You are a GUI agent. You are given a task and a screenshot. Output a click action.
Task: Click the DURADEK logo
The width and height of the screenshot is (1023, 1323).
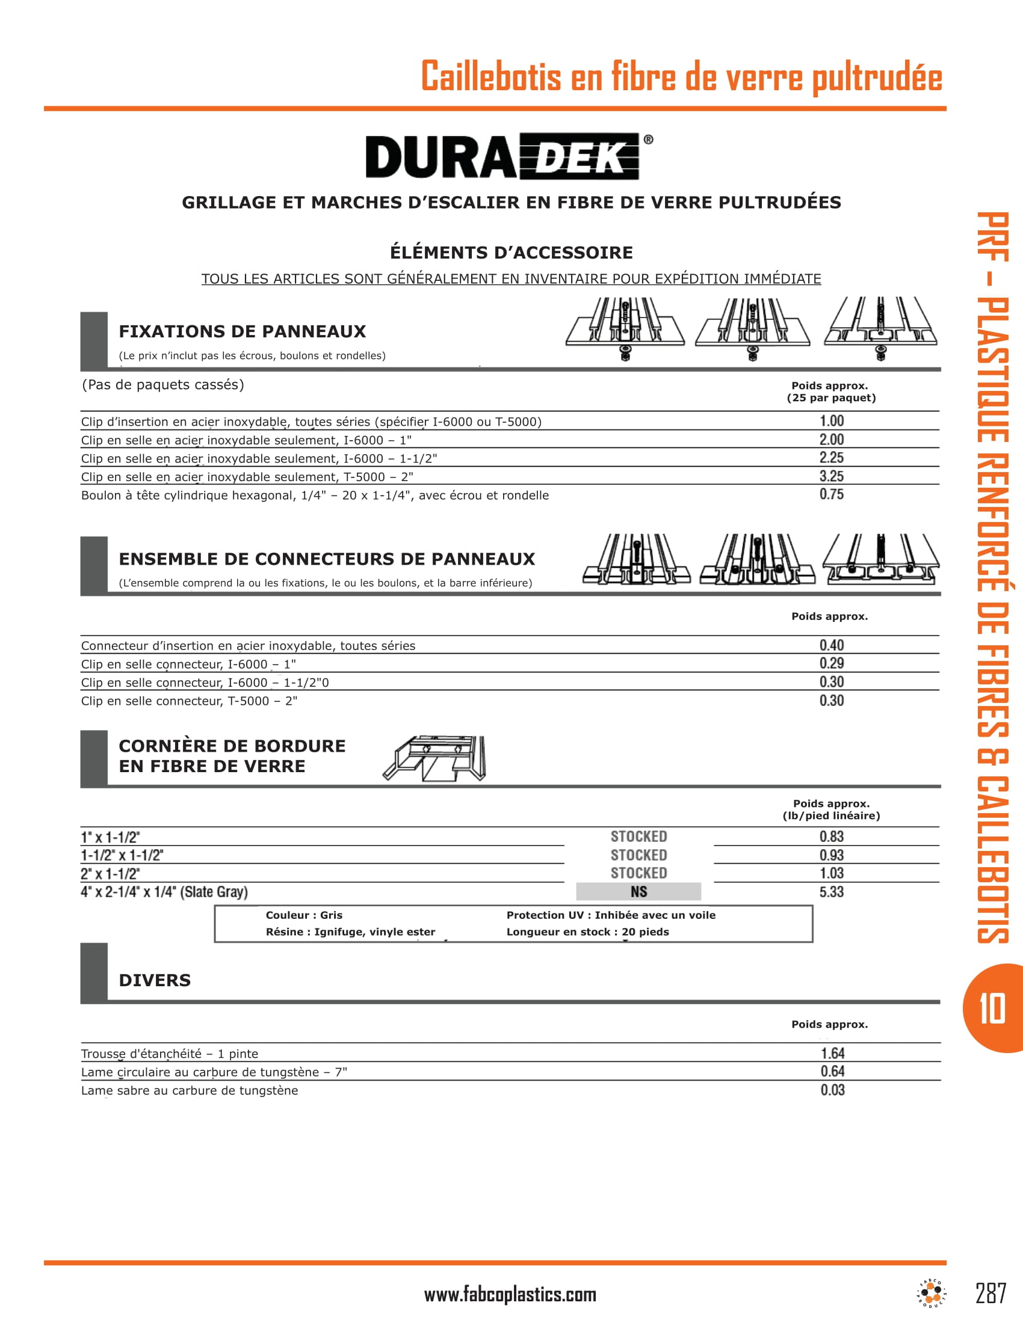click(x=509, y=156)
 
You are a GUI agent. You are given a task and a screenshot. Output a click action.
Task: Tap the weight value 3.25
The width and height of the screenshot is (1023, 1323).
click(x=832, y=476)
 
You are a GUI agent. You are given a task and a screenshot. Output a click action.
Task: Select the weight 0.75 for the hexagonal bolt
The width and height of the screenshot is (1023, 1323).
click(x=832, y=494)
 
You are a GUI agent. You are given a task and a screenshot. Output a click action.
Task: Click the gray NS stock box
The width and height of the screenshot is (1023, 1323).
click(x=638, y=892)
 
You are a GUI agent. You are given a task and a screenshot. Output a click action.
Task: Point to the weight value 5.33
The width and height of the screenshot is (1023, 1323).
click(x=832, y=892)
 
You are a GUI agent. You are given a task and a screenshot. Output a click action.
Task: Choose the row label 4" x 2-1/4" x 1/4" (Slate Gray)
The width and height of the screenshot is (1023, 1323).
click(x=164, y=892)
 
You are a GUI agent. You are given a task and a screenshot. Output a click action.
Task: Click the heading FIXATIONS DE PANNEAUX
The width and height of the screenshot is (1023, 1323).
click(x=243, y=331)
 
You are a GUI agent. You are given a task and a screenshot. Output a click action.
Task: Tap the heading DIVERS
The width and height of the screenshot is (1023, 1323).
click(x=155, y=980)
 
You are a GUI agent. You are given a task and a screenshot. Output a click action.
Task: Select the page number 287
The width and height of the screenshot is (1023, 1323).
click(x=991, y=1294)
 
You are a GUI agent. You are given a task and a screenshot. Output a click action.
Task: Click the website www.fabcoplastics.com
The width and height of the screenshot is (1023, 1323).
click(x=510, y=1295)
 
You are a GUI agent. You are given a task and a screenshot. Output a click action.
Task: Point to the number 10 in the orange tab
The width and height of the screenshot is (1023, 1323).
click(x=992, y=1008)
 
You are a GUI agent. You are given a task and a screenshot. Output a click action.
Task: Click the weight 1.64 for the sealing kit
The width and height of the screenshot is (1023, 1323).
click(x=833, y=1054)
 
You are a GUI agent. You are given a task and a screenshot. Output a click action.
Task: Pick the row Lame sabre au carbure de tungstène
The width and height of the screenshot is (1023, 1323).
click(x=190, y=1090)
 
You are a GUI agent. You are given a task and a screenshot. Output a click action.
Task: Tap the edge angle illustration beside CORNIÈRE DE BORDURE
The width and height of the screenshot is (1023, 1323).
click(x=434, y=758)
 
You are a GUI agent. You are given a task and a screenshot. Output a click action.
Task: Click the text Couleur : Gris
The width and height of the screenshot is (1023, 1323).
click(x=304, y=915)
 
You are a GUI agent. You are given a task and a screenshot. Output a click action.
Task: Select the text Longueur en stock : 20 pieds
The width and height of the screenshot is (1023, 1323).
click(x=587, y=932)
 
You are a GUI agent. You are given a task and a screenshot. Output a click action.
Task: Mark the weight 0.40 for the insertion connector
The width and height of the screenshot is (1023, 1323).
click(x=832, y=645)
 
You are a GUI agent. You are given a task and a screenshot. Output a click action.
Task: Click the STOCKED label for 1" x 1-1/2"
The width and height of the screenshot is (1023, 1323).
click(x=638, y=836)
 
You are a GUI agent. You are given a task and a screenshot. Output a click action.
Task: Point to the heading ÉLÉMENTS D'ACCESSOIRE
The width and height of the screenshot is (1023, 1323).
click(x=511, y=253)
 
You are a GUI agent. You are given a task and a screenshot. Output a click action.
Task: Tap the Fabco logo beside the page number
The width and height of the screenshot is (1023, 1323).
click(x=932, y=1294)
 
